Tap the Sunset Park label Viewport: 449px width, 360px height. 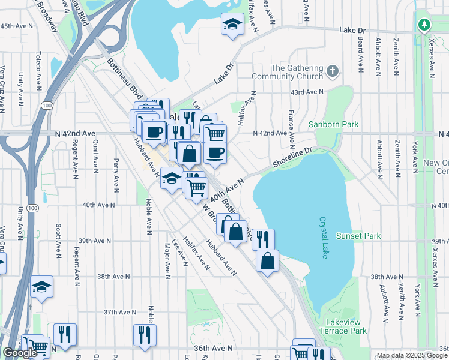pos(358,236)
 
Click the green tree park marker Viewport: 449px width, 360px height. pos(424,25)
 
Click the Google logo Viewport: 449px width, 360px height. pos(20,353)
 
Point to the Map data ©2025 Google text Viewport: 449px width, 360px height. pos(411,355)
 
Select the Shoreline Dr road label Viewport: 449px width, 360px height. pos(292,158)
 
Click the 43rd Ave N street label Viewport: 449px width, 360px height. pos(306,92)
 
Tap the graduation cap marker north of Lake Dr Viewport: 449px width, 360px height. pos(232,25)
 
